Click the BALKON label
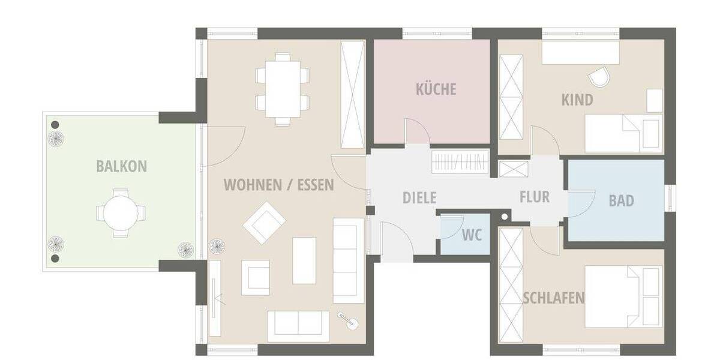pyautogui.click(x=121, y=166)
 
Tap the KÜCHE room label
pyautogui.click(x=436, y=89)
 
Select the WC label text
pyautogui.click(x=472, y=235)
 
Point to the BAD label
pyautogui.click(x=621, y=200)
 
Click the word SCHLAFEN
pyautogui.click(x=553, y=298)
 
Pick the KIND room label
pyautogui.click(x=577, y=99)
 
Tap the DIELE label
pyautogui.click(x=419, y=198)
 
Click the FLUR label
pyautogui.click(x=534, y=197)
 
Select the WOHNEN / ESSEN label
pyautogui.click(x=279, y=184)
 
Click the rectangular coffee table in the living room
pyautogui.click(x=304, y=260)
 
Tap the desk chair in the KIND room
pyautogui.click(x=599, y=76)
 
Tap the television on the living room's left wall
pyautogui.click(x=215, y=298)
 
